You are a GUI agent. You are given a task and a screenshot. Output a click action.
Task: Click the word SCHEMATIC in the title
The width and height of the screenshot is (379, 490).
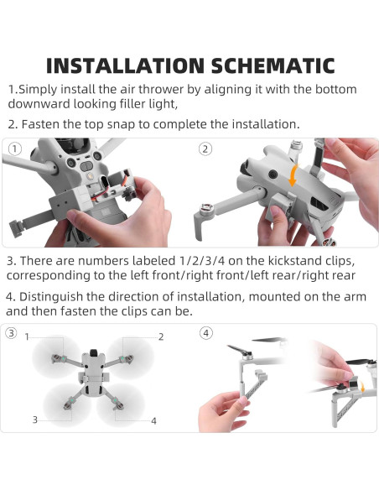pyautogui.click(x=271, y=65)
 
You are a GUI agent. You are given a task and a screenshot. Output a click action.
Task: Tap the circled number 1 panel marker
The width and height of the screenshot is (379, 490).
pyautogui.click(x=13, y=149)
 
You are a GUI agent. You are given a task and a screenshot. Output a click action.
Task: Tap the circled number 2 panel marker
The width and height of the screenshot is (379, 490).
pyautogui.click(x=205, y=149)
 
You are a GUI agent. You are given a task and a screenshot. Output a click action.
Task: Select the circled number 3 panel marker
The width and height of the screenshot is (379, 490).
pyautogui.click(x=12, y=333)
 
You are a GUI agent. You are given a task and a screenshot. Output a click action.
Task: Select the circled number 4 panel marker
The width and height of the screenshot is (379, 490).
pyautogui.click(x=206, y=333)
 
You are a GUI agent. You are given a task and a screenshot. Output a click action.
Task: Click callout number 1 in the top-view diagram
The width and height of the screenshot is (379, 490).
pyautogui.click(x=27, y=336)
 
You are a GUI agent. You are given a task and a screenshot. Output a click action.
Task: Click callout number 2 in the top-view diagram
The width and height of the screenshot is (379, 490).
pyautogui.click(x=159, y=336)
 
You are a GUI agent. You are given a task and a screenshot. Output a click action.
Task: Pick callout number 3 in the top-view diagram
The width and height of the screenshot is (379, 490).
pyautogui.click(x=35, y=419)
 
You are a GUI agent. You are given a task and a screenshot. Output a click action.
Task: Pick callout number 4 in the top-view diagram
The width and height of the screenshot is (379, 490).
pyautogui.click(x=153, y=420)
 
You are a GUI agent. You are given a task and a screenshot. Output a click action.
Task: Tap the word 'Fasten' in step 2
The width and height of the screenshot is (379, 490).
pyautogui.click(x=43, y=124)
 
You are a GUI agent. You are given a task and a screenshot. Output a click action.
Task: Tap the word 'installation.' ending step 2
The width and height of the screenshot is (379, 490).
pyautogui.click(x=259, y=124)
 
